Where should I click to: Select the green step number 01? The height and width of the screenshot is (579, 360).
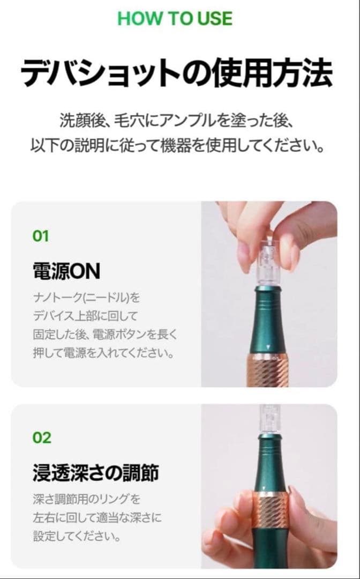click(x=41, y=236)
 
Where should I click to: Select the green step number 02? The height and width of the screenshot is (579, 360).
click(x=42, y=437)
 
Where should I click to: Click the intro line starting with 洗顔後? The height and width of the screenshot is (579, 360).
click(x=176, y=120)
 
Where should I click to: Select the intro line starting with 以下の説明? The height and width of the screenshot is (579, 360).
click(x=176, y=146)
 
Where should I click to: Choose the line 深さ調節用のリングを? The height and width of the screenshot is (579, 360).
click(x=86, y=500)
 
